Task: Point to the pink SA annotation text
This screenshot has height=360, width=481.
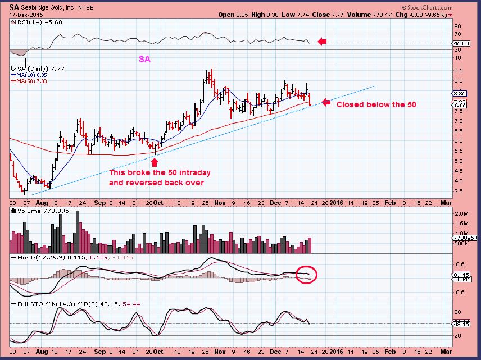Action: [144, 58]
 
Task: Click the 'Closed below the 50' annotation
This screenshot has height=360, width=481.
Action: [376, 104]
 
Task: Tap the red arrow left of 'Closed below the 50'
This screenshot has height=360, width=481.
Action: [325, 102]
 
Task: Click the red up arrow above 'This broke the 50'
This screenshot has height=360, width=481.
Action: [155, 162]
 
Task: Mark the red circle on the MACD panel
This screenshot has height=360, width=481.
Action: [307, 275]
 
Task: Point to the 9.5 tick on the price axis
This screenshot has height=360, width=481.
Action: [458, 71]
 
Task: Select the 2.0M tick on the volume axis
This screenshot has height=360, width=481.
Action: [460, 214]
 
